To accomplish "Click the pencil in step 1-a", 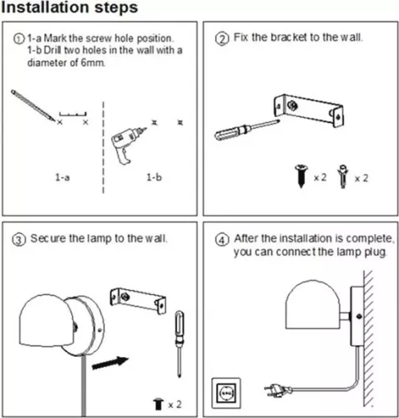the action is (x=33, y=105).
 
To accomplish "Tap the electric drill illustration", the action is (x=127, y=144).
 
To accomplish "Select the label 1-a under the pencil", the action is (x=63, y=177).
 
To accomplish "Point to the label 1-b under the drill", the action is (x=154, y=177).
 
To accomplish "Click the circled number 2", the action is (x=222, y=38).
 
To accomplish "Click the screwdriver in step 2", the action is (x=247, y=130).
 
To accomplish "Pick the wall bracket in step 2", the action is (x=308, y=110).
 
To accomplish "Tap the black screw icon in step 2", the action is (x=301, y=176).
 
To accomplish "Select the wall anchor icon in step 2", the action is (x=343, y=176).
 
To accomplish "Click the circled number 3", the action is (x=18, y=240).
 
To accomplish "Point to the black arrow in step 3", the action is (x=110, y=363).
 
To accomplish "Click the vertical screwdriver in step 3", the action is (x=179, y=344).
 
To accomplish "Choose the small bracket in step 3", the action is (x=138, y=301).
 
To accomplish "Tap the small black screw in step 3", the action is (x=159, y=405).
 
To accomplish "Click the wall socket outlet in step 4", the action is (x=226, y=393).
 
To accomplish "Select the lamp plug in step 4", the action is (x=278, y=390).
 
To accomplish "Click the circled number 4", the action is (x=222, y=240).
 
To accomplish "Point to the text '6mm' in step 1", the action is (x=93, y=63).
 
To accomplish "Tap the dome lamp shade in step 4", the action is (x=313, y=304).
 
